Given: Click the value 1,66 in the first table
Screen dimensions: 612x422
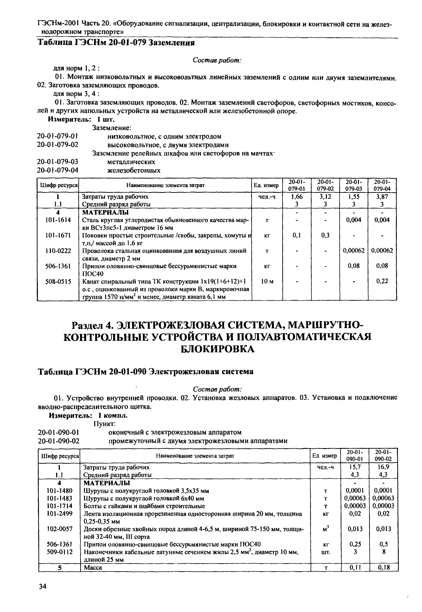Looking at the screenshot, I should coord(297,197).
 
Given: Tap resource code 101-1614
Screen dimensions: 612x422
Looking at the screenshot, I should coord(58,220).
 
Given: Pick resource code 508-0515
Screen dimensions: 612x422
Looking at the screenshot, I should coord(58,282).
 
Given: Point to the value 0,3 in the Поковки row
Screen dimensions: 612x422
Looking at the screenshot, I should coord(325,235).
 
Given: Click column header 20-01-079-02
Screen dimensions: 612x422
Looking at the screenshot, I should coord(325,185).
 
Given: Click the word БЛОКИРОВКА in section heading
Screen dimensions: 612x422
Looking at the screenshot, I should coord(217,349).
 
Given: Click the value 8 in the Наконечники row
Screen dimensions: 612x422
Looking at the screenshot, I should coord(384,552).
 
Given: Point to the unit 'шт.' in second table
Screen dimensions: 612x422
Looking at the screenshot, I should coord(326,552).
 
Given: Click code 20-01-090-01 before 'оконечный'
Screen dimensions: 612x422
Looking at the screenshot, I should coord(59,432).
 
